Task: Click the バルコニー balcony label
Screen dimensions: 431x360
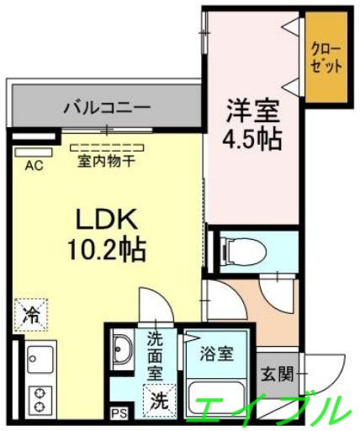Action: tap(106, 108)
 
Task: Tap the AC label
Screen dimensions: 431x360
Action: tap(34, 165)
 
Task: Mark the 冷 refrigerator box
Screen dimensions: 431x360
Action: tap(31, 317)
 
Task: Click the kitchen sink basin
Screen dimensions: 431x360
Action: tap(39, 360)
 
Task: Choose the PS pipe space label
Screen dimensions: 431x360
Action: tap(118, 414)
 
